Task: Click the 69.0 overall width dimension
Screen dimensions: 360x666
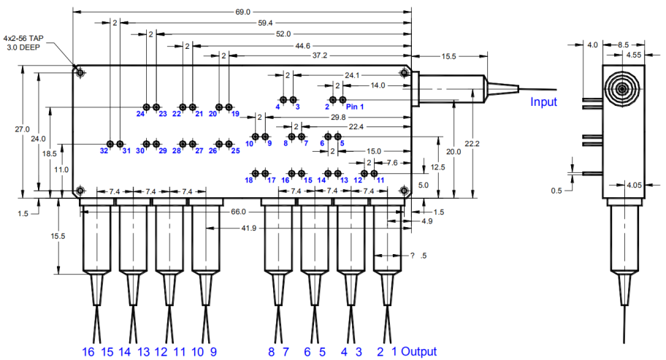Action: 243,12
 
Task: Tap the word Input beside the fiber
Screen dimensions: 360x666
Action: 543,102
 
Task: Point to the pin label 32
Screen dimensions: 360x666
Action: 104,151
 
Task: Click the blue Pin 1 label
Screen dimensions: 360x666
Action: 355,107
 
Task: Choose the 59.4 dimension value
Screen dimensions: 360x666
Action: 264,23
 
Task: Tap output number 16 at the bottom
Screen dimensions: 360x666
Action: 88,352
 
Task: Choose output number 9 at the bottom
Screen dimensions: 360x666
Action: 213,352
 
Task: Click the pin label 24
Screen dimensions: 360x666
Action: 140,114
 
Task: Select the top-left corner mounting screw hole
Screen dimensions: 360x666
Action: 80,72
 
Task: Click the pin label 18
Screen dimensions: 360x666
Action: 249,180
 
